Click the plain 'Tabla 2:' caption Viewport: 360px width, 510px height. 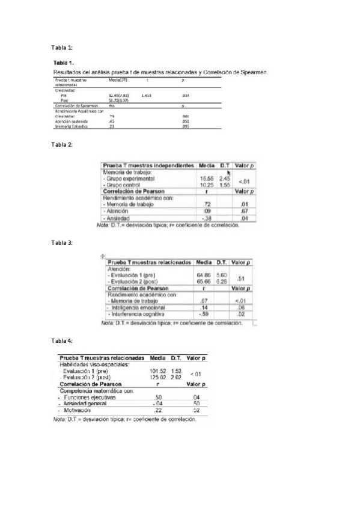pos(62,145)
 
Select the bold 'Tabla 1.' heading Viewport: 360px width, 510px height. pos(64,63)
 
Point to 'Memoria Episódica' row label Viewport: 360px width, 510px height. pos(71,127)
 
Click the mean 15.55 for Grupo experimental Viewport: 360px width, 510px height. pos(206,179)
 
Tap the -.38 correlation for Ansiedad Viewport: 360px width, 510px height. pos(207,218)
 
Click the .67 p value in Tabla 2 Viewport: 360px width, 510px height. pos(244,211)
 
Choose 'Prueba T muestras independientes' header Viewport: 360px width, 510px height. pos(148,165)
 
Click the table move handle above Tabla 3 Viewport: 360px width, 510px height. pos(103,256)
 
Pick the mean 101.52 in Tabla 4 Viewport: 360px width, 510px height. pos(157,371)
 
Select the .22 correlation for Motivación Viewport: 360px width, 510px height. pos(157,410)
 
